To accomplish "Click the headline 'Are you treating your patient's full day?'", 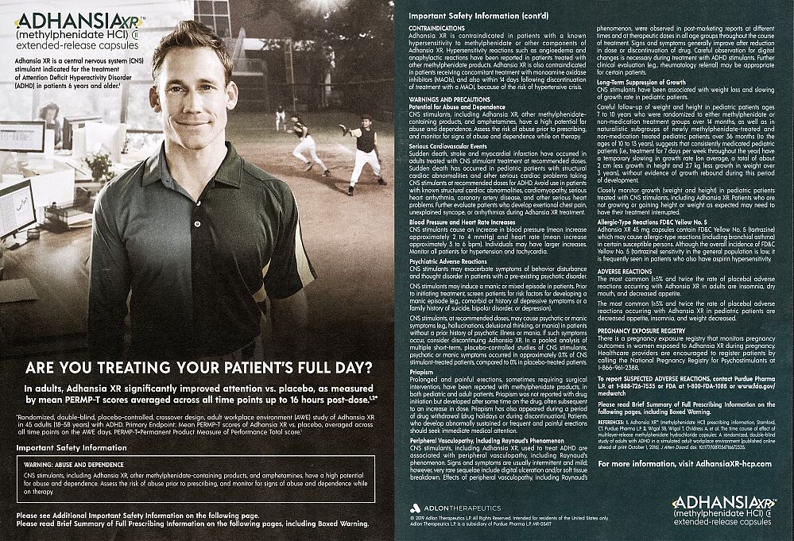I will pos(198,367).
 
